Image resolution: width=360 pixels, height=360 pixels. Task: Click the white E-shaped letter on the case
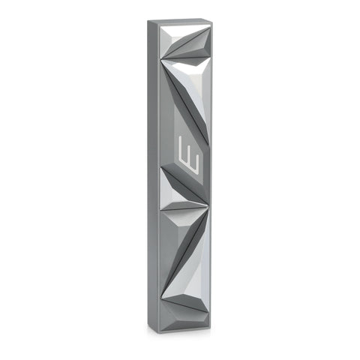188,154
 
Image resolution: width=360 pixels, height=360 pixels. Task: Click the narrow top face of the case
180,22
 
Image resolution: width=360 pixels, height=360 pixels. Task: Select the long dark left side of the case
154,175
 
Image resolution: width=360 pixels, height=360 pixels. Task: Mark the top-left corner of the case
148,20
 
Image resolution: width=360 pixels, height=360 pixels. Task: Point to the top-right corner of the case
212,22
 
